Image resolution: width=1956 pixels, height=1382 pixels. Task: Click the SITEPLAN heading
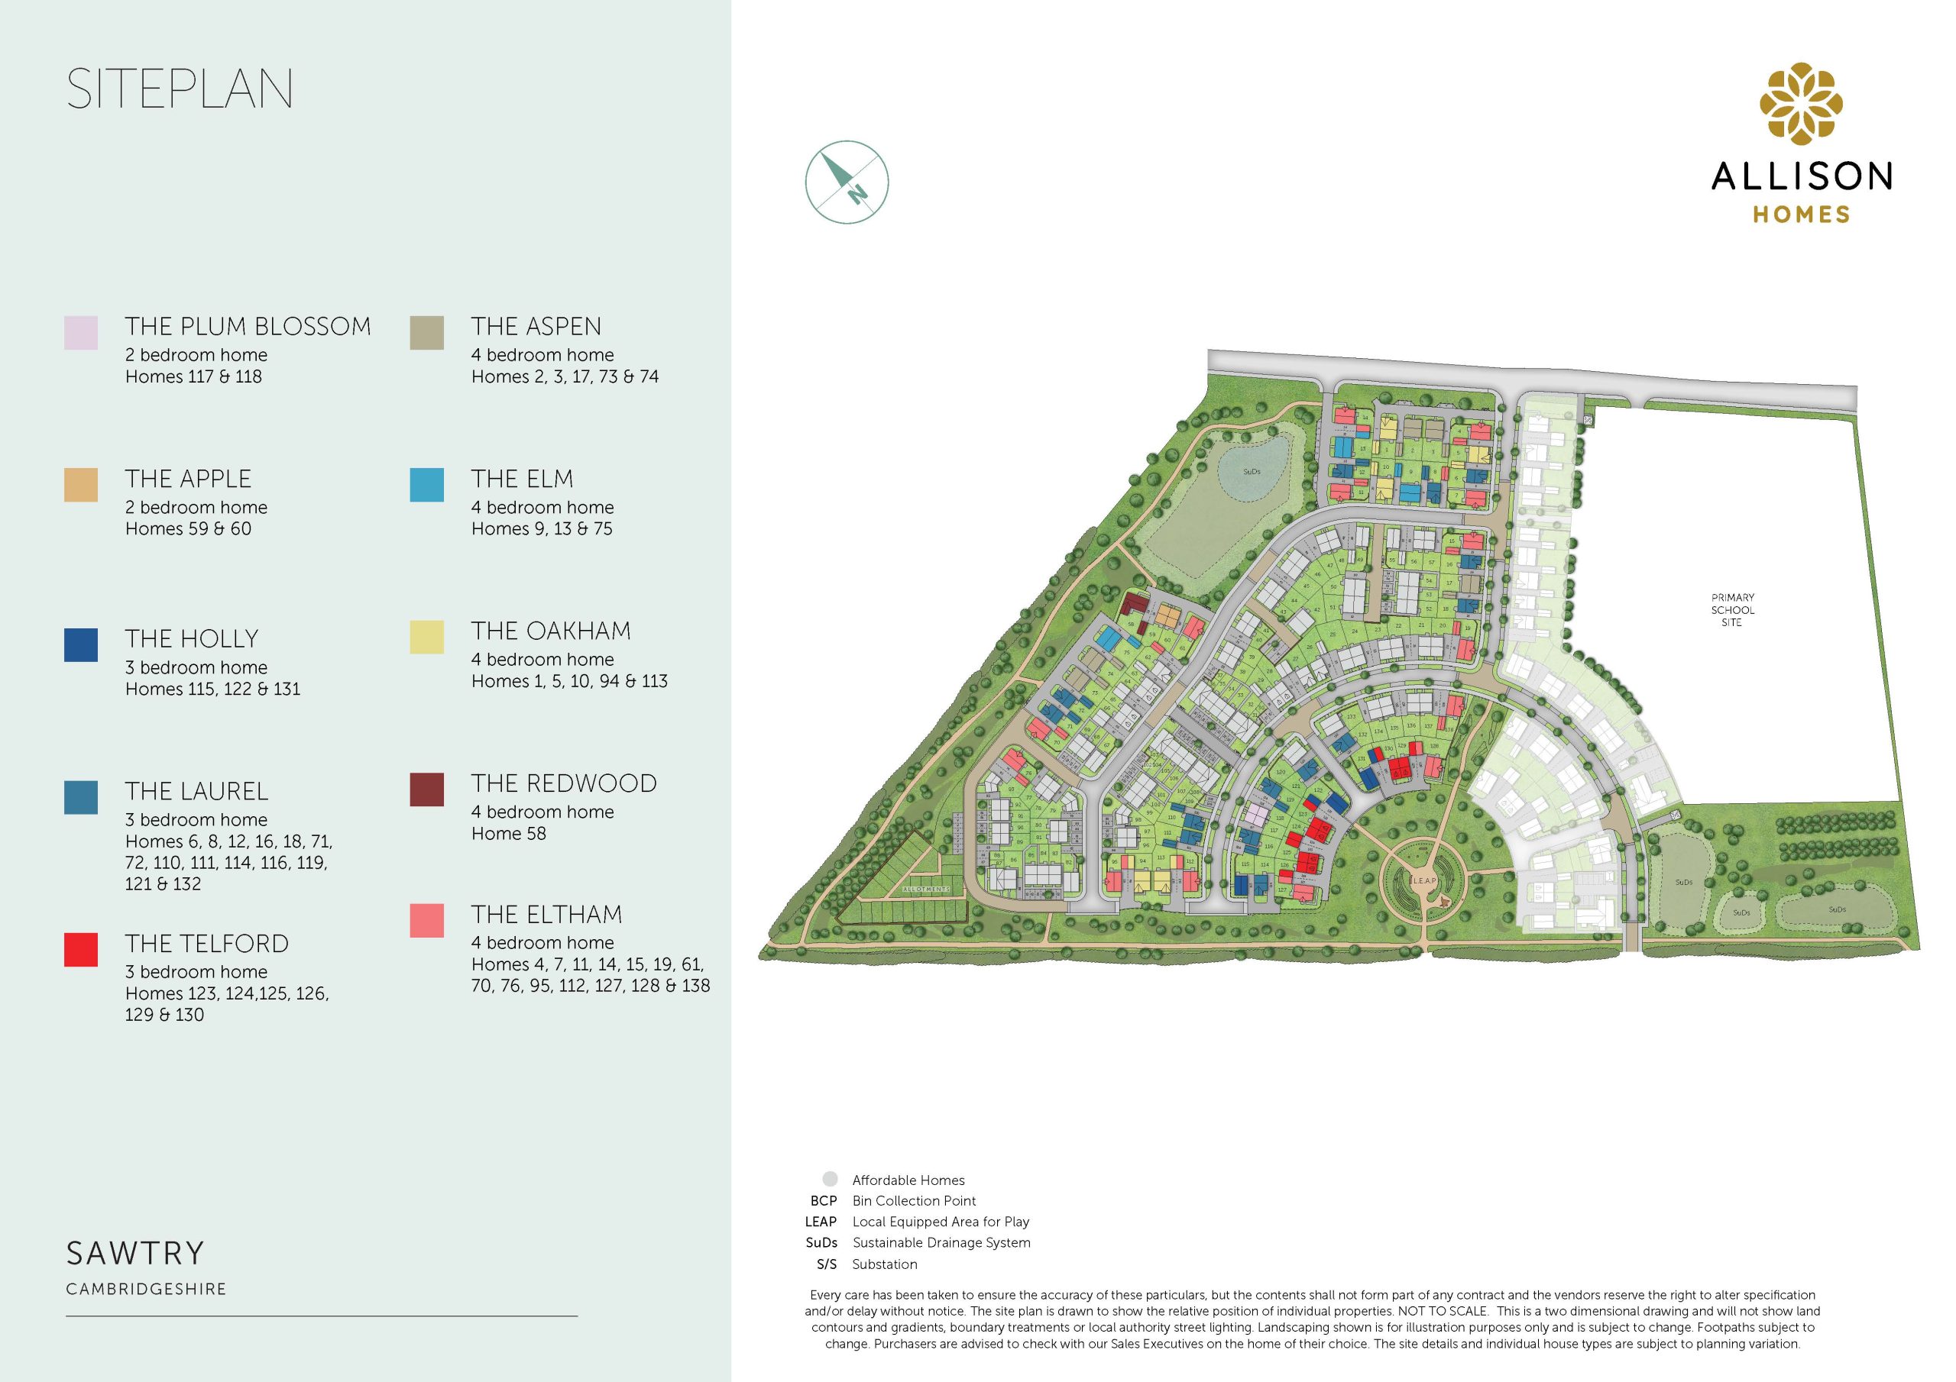180,89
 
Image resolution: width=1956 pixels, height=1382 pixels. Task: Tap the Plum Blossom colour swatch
81,332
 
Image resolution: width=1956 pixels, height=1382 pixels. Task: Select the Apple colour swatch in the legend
81,485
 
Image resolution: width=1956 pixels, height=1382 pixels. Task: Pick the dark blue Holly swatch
81,644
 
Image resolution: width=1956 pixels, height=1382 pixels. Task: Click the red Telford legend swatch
81,949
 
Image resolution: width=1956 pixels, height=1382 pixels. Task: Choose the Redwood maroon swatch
427,789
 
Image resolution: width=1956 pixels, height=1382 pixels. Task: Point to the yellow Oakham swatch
427,637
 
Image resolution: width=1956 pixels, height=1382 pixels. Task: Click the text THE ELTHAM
546,915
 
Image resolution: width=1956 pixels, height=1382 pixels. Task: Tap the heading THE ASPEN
536,326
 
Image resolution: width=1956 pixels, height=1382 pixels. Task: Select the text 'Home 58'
509,834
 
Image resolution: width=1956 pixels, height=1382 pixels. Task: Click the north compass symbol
847,182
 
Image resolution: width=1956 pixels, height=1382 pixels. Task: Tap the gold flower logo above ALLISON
1801,103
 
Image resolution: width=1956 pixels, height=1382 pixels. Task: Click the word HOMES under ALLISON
1801,215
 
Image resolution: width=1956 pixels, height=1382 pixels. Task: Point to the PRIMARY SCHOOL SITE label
1732,609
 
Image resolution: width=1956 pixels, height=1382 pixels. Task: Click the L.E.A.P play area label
1424,880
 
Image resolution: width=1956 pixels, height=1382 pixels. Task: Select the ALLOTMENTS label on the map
925,890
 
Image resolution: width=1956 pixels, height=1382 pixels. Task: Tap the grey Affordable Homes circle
830,1180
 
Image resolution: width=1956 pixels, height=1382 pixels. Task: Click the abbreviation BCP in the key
824,1200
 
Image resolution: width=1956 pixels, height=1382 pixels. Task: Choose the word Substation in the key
884,1264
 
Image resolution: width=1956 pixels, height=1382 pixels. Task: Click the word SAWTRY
135,1254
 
